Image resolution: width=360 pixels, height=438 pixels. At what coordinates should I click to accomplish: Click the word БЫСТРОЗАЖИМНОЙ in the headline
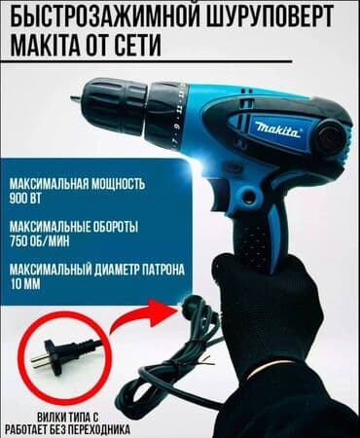pyautogui.click(x=100, y=17)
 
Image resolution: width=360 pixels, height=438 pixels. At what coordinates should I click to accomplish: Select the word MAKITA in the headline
pyautogui.click(x=48, y=45)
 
